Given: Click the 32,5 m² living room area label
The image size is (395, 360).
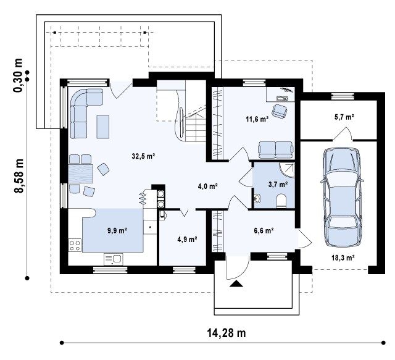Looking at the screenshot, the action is pos(143,156).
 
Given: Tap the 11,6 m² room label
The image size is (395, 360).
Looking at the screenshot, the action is pos(257,119).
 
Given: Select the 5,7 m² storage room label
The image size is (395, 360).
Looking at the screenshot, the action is pos(344,117).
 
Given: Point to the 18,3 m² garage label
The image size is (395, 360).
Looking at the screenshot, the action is pos(343,257).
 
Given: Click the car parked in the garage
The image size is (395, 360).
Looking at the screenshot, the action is pos(342,197).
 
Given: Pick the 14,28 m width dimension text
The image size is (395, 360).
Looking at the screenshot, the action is pos(227,333).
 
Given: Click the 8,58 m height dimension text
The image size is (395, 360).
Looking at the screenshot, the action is pos(19,176).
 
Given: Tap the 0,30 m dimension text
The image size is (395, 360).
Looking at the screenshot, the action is pos(18,75).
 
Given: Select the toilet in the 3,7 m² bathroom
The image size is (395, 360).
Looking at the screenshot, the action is pos(281,201).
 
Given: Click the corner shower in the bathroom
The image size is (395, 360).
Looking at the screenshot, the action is pos(287,169).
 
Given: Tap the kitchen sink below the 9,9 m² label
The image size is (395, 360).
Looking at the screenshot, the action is pos(114,259).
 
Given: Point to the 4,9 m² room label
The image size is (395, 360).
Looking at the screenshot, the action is pos(187,239).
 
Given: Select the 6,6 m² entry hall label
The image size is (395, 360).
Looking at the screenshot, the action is pos(264,230).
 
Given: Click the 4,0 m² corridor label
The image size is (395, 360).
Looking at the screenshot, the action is pos(207,186).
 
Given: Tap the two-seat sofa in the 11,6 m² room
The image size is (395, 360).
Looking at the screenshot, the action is pos(276,149).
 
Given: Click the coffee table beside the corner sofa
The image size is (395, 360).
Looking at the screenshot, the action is pos(103,127).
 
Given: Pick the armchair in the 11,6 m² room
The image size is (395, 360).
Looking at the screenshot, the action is pos(280,111).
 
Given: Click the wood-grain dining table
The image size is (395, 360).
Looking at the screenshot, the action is pos(81,174).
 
